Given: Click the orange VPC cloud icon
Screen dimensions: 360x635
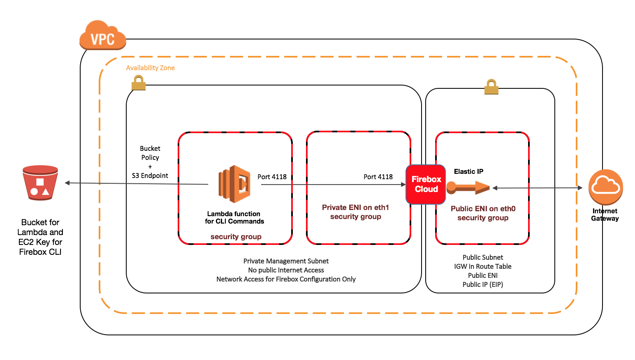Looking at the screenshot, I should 102,36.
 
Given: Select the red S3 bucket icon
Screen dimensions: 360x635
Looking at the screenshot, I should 40,183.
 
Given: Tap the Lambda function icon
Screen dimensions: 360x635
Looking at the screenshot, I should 234,184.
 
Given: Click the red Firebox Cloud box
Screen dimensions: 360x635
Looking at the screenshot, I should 426,185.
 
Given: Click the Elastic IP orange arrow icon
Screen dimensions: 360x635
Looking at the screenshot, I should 468,188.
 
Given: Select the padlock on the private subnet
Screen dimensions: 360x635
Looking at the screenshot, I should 139,83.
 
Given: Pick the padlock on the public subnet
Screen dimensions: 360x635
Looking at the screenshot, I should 491,87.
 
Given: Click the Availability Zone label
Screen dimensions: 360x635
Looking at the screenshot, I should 150,68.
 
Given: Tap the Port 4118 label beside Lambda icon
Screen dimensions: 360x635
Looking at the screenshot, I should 272,177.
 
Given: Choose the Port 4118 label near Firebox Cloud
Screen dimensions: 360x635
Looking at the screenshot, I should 378,177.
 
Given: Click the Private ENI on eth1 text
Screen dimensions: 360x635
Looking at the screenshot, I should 355,208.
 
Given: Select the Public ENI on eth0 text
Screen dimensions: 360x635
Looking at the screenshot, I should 483,209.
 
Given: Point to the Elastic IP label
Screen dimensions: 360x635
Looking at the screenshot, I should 468,171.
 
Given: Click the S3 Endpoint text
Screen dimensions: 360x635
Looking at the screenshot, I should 150,175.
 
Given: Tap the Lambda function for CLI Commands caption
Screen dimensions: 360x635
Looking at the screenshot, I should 234,217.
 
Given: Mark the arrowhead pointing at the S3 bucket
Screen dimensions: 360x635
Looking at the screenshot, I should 67,183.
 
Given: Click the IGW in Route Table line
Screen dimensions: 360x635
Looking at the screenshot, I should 483,266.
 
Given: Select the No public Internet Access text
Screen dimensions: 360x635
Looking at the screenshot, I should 286,270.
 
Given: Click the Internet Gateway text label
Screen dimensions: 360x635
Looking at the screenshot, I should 605,215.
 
